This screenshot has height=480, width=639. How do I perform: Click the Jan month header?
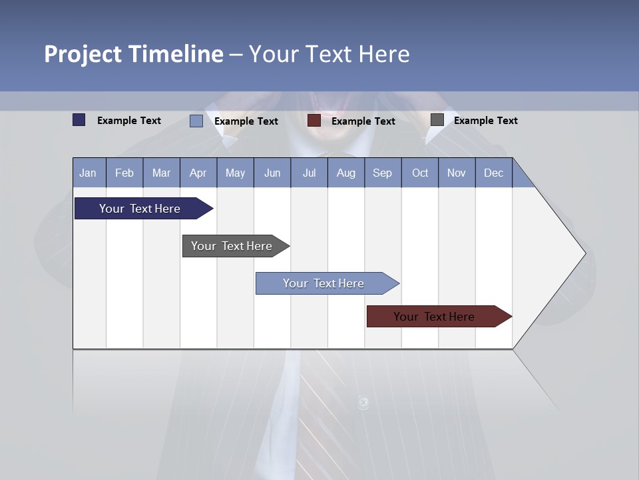pyautogui.click(x=89, y=173)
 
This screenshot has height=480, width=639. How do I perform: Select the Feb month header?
pyautogui.click(x=124, y=173)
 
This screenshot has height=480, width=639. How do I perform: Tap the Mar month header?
pyautogui.click(x=161, y=173)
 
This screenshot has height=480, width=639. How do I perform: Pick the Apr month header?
pyautogui.click(x=198, y=173)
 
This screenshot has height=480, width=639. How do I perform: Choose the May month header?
pyautogui.click(x=235, y=173)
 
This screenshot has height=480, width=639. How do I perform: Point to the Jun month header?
pyautogui.click(x=272, y=173)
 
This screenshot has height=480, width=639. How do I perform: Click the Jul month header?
pyautogui.click(x=309, y=173)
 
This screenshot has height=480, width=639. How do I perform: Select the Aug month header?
pyautogui.click(x=346, y=173)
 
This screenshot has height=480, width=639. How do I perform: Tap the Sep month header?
pyautogui.click(x=383, y=173)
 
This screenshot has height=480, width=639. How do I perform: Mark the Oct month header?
pyautogui.click(x=420, y=173)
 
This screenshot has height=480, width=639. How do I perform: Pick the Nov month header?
pyautogui.click(x=457, y=173)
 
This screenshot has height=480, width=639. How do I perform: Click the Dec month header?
pyautogui.click(x=494, y=173)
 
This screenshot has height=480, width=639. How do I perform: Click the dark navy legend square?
pyautogui.click(x=79, y=120)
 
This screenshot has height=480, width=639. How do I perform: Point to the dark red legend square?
pyautogui.click(x=314, y=121)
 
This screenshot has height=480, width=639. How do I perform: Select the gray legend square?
pyautogui.click(x=437, y=120)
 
